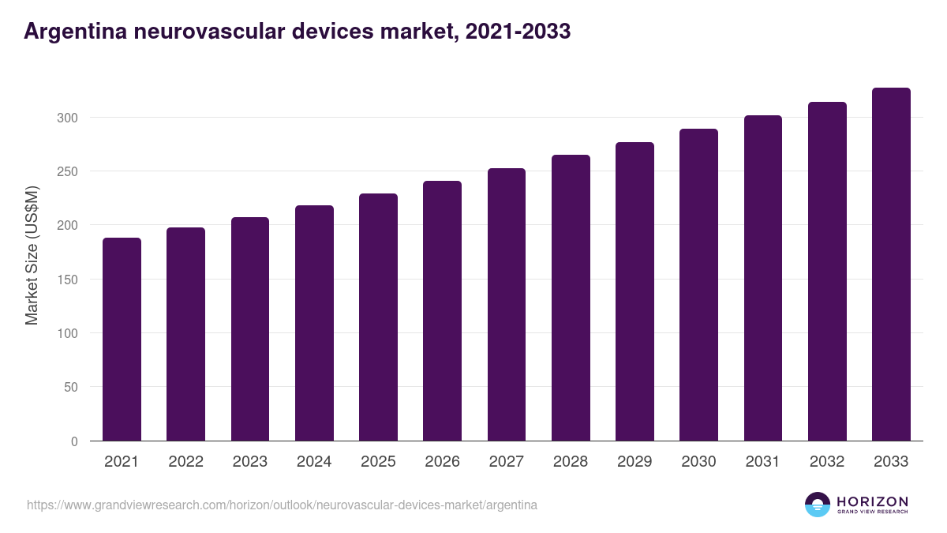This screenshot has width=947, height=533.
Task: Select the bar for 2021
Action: (x=122, y=340)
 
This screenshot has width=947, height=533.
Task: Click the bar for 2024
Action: (x=314, y=323)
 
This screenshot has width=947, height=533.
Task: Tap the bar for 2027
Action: (x=507, y=305)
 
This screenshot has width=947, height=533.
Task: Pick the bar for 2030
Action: (x=698, y=285)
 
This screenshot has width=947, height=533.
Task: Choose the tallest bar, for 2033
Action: (x=891, y=265)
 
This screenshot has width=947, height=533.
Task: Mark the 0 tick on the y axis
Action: (x=74, y=441)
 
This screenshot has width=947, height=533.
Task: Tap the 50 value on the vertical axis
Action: (x=70, y=388)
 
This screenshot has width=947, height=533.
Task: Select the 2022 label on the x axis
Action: (x=185, y=462)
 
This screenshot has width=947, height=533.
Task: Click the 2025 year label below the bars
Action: (x=378, y=462)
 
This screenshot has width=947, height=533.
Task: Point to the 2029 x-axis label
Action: (x=634, y=462)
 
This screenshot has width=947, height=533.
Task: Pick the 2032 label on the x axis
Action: (x=827, y=462)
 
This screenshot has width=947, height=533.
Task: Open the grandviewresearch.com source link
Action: (x=282, y=505)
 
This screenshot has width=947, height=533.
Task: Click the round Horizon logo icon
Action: (x=818, y=505)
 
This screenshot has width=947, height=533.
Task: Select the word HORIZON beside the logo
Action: (x=872, y=501)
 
